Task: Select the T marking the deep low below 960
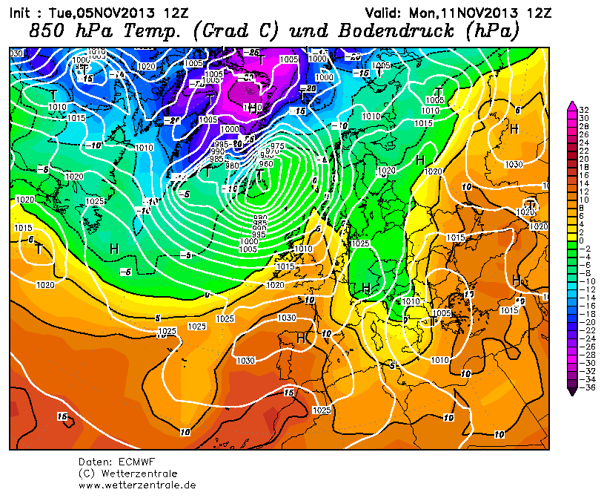tap(260, 176)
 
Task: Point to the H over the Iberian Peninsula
tap(301, 338)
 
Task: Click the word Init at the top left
tap(19, 12)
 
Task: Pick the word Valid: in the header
tap(385, 12)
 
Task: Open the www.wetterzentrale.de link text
tap(137, 485)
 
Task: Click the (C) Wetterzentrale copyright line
tap(127, 474)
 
